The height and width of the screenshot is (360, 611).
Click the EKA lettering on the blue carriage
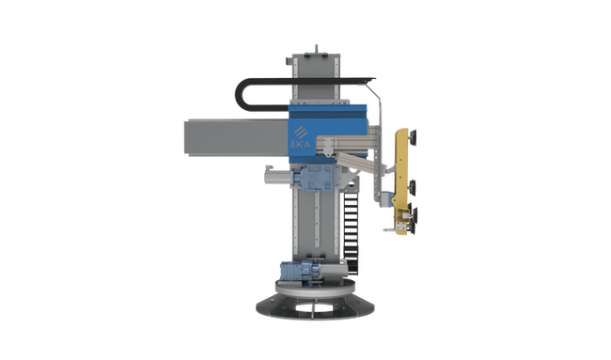[301, 144]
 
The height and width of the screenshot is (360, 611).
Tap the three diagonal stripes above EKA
[301, 133]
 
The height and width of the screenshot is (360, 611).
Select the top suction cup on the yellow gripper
[413, 135]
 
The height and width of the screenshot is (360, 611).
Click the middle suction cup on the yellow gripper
[413, 188]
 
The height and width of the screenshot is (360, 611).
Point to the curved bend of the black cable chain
[240, 94]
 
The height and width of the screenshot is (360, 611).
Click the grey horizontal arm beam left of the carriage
[237, 137]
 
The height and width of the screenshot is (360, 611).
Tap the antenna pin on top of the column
[316, 49]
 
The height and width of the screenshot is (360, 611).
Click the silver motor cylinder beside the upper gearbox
[278, 178]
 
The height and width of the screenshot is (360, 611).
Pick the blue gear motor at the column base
[301, 271]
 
